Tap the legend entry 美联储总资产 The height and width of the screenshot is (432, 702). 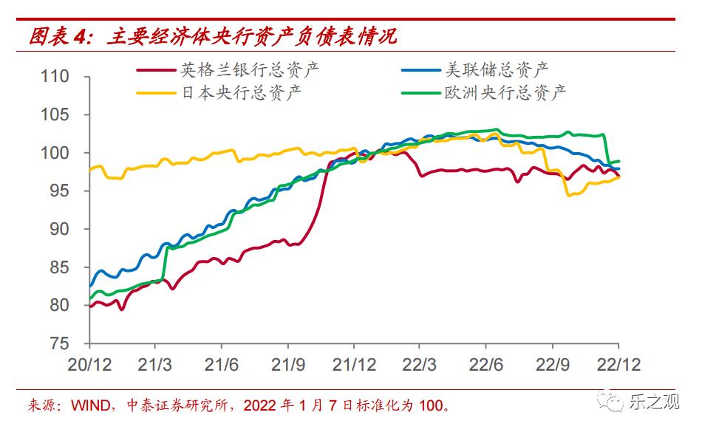click(x=496, y=70)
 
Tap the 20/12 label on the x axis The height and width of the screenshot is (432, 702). click(x=89, y=365)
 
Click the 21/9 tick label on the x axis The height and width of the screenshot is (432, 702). click(x=287, y=365)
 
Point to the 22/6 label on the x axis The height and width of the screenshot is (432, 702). click(x=485, y=365)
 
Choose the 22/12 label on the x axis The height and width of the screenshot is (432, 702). click(x=618, y=365)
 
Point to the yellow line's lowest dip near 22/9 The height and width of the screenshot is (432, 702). click(x=569, y=195)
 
